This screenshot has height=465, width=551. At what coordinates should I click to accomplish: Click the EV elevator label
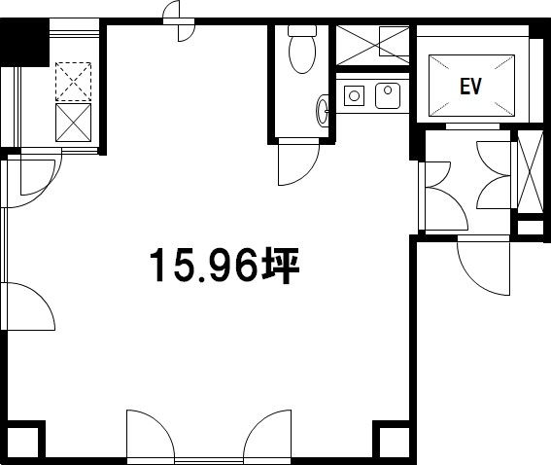pos(471,87)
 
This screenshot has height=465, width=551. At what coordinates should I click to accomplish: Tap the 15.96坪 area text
pos(224,266)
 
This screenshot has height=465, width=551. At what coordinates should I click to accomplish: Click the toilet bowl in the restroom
pos(302,54)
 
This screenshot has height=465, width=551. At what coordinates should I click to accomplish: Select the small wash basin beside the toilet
pos(323,111)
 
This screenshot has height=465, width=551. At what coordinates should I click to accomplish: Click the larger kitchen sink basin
pos(388,95)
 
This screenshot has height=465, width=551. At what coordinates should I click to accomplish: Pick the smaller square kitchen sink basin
pos(354,95)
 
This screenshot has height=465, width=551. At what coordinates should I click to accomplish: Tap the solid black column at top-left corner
pos(24,42)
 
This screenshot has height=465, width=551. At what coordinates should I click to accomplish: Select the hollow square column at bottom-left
pos(22,443)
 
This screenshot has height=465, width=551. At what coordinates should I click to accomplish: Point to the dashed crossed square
pos(73,82)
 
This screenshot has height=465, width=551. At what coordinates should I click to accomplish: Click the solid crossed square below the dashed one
pos(73,123)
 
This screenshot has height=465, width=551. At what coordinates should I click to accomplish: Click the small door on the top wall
pos(179,20)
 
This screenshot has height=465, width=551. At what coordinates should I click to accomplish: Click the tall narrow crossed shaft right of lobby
pos(531,171)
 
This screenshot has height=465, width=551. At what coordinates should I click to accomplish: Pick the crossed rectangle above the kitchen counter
pos(372,46)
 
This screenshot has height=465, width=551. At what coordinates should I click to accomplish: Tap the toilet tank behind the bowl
pos(302,30)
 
